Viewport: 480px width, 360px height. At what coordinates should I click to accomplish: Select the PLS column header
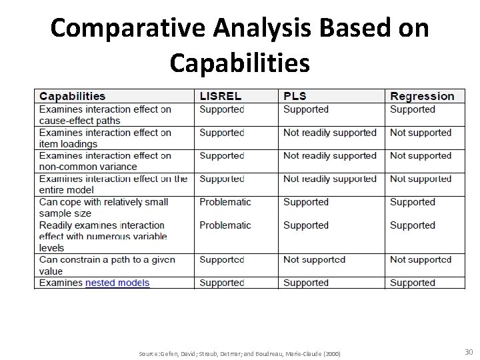tap(295, 97)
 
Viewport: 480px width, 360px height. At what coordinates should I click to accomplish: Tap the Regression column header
tap(422, 97)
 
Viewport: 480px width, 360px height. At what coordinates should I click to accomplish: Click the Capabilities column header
tap(72, 97)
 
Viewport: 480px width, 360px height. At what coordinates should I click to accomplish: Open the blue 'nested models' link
tap(117, 283)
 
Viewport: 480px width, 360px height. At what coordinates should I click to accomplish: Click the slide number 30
tap(468, 352)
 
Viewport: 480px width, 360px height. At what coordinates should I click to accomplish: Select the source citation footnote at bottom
tap(239, 353)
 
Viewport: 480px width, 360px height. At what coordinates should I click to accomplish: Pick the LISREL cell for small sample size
tap(225, 202)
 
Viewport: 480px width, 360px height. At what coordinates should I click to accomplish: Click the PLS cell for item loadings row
tap(330, 133)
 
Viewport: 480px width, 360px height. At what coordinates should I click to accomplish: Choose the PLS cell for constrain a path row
tap(314, 259)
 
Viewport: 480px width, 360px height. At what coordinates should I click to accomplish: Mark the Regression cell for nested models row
tap(412, 283)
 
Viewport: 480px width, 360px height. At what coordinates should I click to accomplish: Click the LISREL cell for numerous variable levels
tap(225, 225)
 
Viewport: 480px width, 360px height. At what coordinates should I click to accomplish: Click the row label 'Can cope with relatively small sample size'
tap(103, 207)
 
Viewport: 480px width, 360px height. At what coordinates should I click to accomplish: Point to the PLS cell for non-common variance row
tap(330, 155)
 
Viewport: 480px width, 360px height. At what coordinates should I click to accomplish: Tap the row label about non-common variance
tap(105, 161)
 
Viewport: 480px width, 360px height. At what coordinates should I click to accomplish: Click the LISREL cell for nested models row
tap(222, 283)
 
